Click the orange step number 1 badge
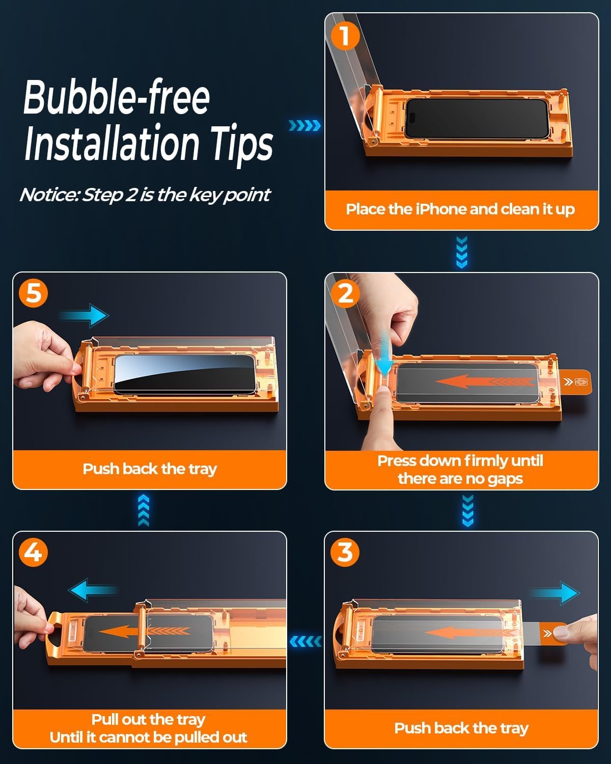pyautogui.click(x=345, y=35)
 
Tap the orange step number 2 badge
pyautogui.click(x=345, y=294)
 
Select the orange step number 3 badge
pyautogui.click(x=345, y=553)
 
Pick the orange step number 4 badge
pyautogui.click(x=34, y=553)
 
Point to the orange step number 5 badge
pyautogui.click(x=34, y=293)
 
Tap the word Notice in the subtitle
pyautogui.click(x=50, y=195)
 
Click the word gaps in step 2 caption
pyautogui.click(x=505, y=479)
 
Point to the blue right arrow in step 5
pyautogui.click(x=84, y=315)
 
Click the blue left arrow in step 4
pyautogui.click(x=93, y=590)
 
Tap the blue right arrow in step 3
pyautogui.click(x=555, y=593)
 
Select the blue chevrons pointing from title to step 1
pyautogui.click(x=304, y=125)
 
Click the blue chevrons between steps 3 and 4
pyautogui.click(x=305, y=642)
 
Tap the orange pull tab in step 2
pyautogui.click(x=575, y=381)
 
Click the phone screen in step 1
pyautogui.click(x=477, y=118)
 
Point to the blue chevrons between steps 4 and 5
pyautogui.click(x=144, y=510)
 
